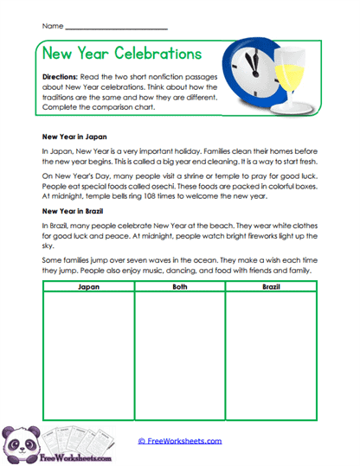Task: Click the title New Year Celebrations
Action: coord(121,54)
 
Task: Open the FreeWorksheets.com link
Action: coord(180,441)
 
